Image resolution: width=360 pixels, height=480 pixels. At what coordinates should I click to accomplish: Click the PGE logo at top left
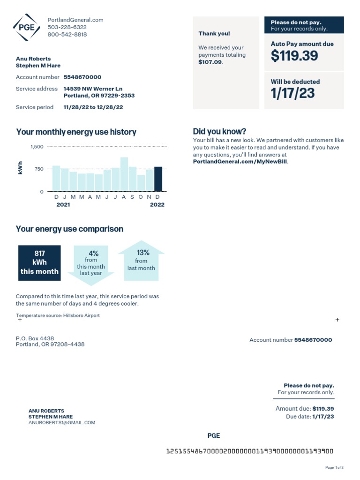point(27,27)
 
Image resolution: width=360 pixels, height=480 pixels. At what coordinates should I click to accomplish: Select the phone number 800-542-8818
point(67,35)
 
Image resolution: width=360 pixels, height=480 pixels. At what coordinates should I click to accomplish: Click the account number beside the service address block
point(82,77)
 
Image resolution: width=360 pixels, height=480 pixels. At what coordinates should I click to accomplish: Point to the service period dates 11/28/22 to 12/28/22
point(93,107)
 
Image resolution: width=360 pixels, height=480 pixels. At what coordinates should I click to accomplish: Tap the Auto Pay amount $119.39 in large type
point(294,56)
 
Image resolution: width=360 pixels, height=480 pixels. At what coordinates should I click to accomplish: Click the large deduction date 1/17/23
point(292,93)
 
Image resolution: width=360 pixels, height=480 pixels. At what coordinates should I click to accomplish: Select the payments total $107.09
point(210,62)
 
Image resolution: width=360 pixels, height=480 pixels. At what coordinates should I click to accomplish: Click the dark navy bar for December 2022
point(158,179)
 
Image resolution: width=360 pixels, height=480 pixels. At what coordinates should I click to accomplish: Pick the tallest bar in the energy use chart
point(124,174)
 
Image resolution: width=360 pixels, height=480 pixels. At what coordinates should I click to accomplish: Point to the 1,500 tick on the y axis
point(37,147)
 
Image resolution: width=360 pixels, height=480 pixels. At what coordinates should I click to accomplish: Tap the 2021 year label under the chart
point(63,205)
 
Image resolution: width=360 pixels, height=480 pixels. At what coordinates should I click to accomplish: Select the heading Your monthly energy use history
point(76,132)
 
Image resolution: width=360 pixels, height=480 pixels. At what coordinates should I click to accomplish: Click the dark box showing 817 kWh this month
point(39,262)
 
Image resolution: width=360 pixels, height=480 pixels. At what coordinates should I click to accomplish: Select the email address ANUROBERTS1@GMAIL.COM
point(62,422)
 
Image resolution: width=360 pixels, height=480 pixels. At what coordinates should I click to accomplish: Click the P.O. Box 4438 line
point(35,338)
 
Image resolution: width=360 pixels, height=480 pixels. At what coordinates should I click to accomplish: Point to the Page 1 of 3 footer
point(334,467)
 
